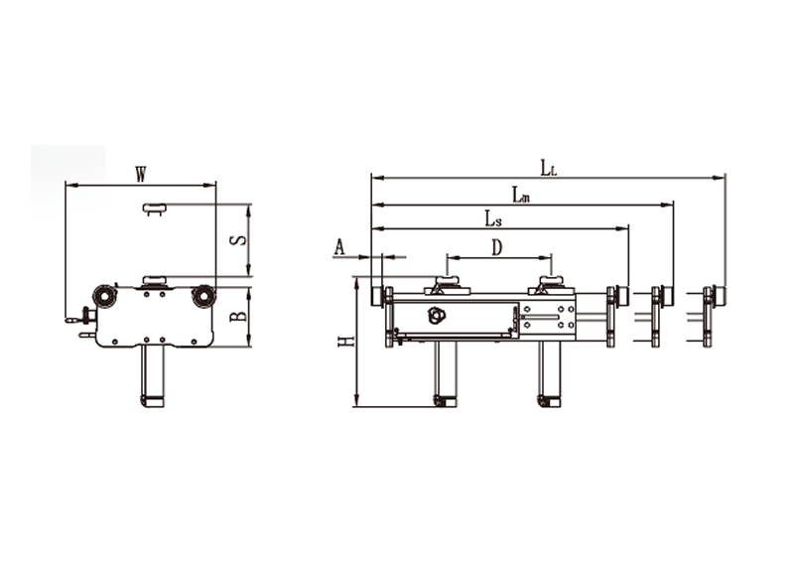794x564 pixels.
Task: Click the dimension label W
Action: point(141,175)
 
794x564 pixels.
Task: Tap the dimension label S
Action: point(241,239)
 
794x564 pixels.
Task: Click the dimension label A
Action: point(339,248)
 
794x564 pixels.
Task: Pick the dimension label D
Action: point(497,248)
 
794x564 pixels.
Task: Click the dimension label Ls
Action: point(493,219)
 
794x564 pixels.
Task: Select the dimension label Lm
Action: point(520,194)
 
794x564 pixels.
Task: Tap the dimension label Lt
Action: point(549,167)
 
